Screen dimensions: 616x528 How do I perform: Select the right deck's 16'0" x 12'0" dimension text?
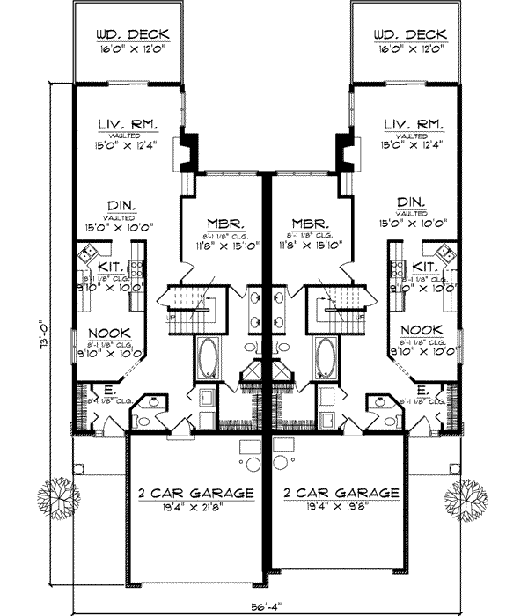[408, 50]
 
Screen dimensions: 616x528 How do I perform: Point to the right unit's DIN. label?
[409, 201]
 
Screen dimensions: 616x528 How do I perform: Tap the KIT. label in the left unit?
[110, 265]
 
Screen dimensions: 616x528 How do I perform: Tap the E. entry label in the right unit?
[423, 388]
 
